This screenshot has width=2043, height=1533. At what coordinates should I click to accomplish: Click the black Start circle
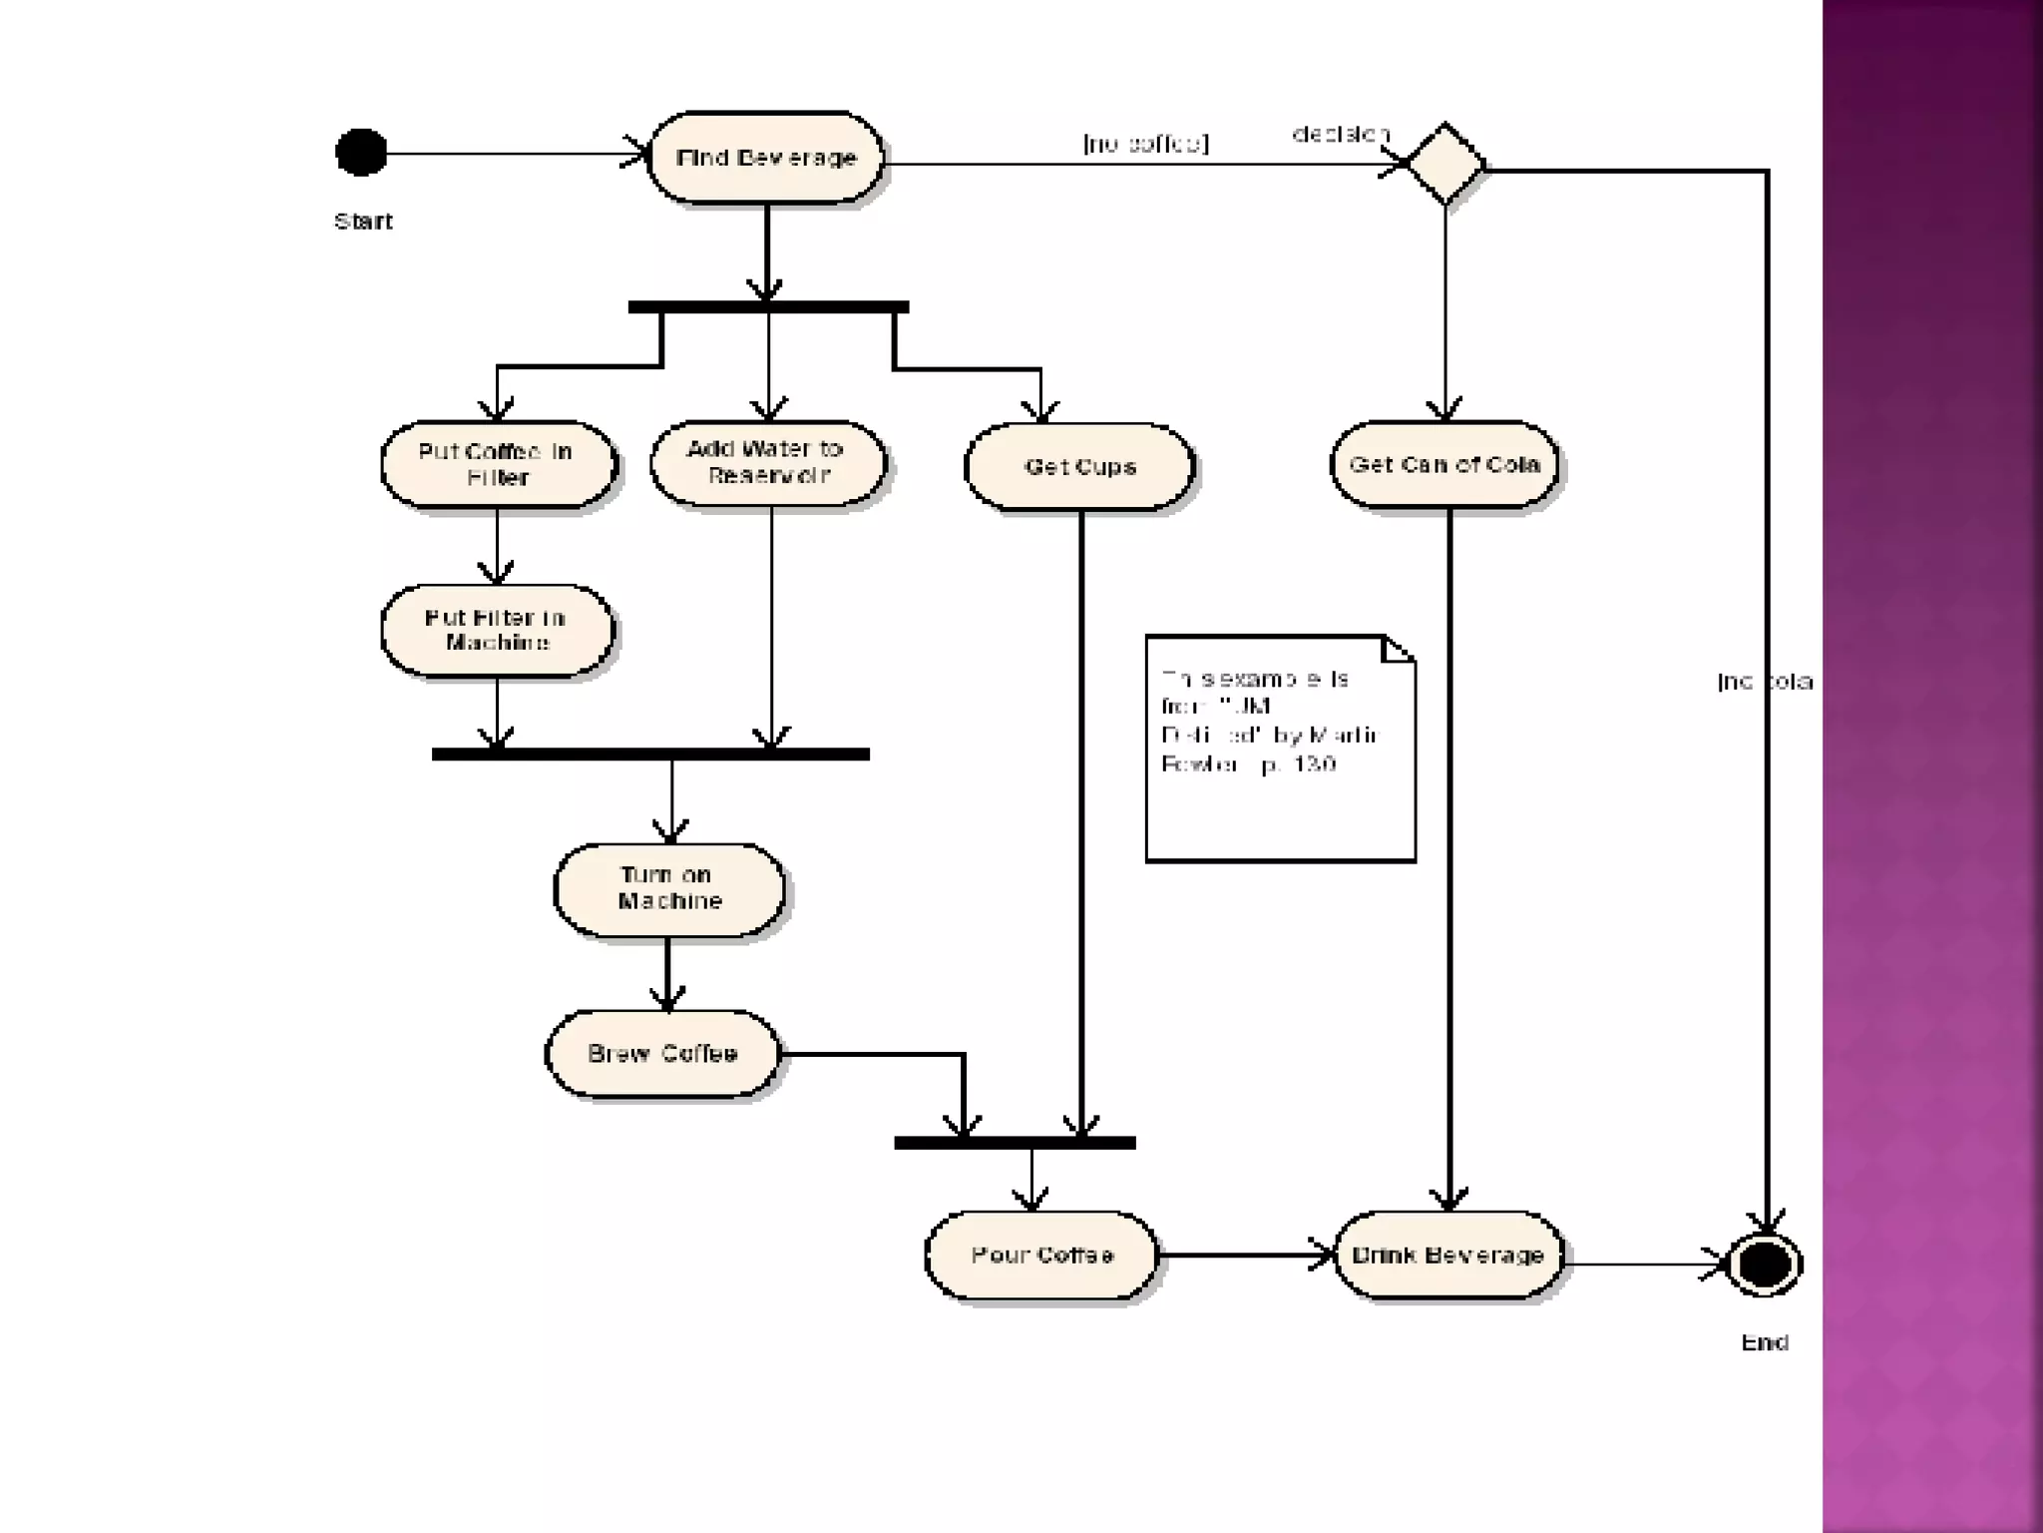pyautogui.click(x=361, y=153)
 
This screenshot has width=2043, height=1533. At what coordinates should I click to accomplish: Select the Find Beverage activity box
pyautogui.click(x=766, y=158)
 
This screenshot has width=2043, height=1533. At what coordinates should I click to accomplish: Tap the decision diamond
pyautogui.click(x=1444, y=164)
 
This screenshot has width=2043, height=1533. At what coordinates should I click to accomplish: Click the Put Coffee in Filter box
pyautogui.click(x=497, y=464)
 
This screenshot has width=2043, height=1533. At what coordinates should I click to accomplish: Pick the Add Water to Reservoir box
pyautogui.click(x=767, y=462)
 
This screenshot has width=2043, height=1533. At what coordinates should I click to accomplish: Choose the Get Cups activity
pyautogui.click(x=1079, y=466)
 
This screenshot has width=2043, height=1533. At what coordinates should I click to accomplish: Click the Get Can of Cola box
pyautogui.click(x=1444, y=464)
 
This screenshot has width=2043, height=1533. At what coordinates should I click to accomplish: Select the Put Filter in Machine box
pyautogui.click(x=497, y=630)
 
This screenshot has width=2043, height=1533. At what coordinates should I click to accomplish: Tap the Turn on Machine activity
pyautogui.click(x=668, y=888)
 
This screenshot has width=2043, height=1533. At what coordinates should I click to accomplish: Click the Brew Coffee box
pyautogui.click(x=662, y=1054)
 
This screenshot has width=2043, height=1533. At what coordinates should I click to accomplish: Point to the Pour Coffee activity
pyautogui.click(x=1041, y=1255)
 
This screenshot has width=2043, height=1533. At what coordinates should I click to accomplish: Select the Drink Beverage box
pyautogui.click(x=1447, y=1255)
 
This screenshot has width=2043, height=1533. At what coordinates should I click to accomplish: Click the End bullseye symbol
pyautogui.click(x=1764, y=1265)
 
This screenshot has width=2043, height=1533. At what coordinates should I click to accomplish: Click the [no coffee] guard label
pyautogui.click(x=1145, y=144)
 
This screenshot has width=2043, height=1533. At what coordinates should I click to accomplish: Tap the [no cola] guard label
pyautogui.click(x=1764, y=682)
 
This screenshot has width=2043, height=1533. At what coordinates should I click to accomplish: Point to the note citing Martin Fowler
pyautogui.click(x=1280, y=749)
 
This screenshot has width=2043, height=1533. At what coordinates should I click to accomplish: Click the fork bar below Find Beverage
pyautogui.click(x=768, y=307)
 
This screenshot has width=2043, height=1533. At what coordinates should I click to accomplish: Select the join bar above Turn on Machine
pyautogui.click(x=650, y=755)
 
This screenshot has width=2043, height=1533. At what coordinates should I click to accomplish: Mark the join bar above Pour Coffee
pyautogui.click(x=1015, y=1143)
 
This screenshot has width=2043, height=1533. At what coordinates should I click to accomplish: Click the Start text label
pyautogui.click(x=363, y=222)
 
